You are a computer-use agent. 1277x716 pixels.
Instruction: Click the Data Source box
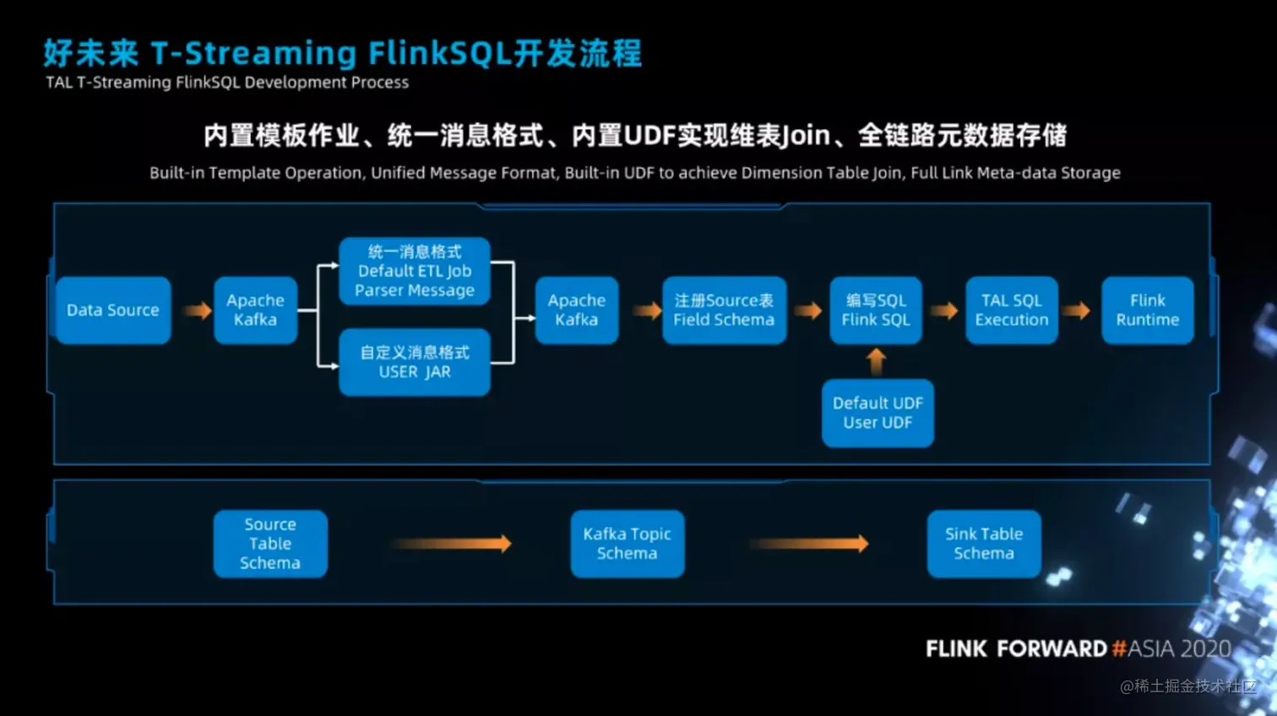pos(113,310)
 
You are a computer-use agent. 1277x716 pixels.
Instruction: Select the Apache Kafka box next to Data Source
pos(255,310)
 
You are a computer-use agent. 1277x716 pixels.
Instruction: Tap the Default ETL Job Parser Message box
pos(414,271)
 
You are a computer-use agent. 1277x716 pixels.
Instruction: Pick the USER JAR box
pos(414,362)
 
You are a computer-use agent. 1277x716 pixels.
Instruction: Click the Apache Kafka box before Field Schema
pos(577,310)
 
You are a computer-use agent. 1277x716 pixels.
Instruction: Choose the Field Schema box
pos(724,310)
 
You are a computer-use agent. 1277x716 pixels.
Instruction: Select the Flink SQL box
pos(876,310)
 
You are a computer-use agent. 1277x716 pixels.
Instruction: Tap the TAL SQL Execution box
pos(1011,310)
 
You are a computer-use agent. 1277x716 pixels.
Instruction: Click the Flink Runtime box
pos(1147,310)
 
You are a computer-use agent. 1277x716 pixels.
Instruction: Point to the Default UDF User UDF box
pos(878,413)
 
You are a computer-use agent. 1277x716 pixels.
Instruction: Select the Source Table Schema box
pos(270,544)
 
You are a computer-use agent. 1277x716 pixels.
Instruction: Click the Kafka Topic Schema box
pos(627,544)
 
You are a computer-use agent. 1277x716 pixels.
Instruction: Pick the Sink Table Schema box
pos(984,544)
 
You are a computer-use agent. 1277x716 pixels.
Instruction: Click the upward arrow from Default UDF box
pos(877,361)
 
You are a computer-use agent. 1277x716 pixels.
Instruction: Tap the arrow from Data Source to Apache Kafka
pos(198,311)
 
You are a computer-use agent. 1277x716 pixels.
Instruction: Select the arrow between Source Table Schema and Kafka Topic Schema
pos(451,544)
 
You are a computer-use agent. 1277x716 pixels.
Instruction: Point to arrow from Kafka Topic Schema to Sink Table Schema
pos(809,544)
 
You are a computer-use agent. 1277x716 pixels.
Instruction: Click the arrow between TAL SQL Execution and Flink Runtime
pos(1076,311)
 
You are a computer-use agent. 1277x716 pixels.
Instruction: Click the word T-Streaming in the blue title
pos(253,54)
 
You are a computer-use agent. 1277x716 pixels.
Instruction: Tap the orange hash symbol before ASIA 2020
pos(1119,648)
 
